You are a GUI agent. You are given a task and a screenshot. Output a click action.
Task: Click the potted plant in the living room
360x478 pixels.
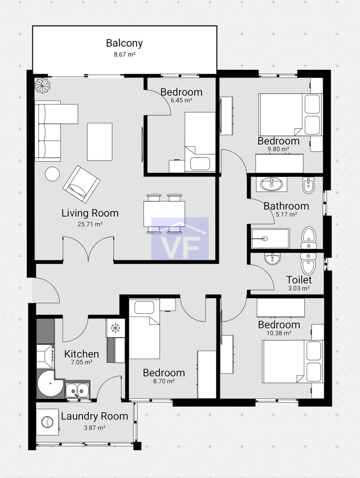pyautogui.click(x=43, y=85)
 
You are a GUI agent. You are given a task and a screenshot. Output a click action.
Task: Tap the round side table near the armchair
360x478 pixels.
pyautogui.click(x=52, y=174)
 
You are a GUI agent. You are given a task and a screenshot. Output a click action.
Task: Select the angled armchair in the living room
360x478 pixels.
pyautogui.click(x=81, y=184)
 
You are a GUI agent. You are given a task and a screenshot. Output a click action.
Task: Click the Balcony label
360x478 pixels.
pyautogui.click(x=124, y=43)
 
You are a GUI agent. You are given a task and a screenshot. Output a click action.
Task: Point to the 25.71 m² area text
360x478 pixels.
pyautogui.click(x=90, y=224)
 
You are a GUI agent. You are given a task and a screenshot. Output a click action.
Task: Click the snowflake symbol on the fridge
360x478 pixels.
pyautogui.click(x=115, y=328)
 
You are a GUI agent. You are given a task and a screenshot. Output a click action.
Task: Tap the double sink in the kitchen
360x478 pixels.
pyautogui.click(x=78, y=390)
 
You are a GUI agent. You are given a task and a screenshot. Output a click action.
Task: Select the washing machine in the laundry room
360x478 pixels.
pyautogui.click(x=47, y=422)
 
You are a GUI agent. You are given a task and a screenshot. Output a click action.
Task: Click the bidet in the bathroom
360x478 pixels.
pyautogui.click(x=308, y=185)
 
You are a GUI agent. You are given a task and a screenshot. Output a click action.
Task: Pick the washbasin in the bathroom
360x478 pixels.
pyautogui.click(x=272, y=184)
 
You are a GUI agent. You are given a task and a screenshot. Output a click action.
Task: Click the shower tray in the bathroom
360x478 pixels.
pyautogui.click(x=270, y=239)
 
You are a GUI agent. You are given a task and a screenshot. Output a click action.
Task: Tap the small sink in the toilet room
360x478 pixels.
pyautogui.click(x=272, y=259)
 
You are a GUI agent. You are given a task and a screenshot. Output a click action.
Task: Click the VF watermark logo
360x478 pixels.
pyautogui.click(x=180, y=239)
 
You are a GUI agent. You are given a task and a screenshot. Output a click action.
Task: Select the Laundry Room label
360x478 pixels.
pyautogui.click(x=94, y=416)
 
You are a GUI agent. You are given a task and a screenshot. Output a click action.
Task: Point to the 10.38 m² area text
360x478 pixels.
pyautogui.click(x=279, y=333)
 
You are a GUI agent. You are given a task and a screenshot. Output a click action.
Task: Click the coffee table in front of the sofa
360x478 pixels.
pyautogui.click(x=100, y=141)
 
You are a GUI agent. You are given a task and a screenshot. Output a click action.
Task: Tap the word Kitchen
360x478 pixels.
pyautogui.click(x=82, y=354)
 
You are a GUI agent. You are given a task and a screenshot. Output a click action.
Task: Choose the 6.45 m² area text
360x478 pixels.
pyautogui.click(x=181, y=100)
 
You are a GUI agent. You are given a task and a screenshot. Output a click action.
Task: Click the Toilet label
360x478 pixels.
pyautogui.click(x=299, y=280)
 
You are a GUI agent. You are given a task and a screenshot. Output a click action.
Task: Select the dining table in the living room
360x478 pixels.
pyautogui.click(x=164, y=214)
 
